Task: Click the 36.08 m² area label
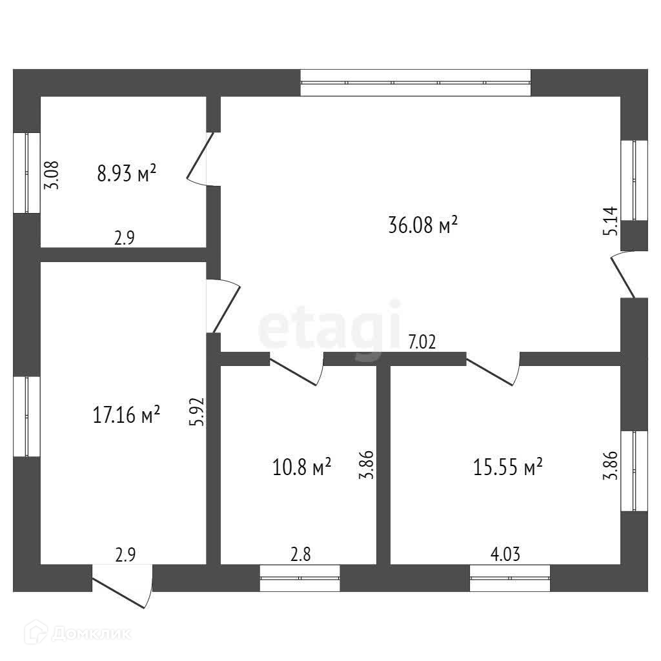coord(423,225)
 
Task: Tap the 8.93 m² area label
coord(127,173)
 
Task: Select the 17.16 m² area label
coord(126,414)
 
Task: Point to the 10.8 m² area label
coord(301,467)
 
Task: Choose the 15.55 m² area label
coord(507,467)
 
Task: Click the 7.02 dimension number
coord(422,342)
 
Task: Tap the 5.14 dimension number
coord(611,221)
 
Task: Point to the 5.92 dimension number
coord(197,412)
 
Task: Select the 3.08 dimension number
coord(52,176)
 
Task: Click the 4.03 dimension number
coord(505,554)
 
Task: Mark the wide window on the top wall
coord(416,83)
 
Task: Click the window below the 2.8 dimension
coord(300,578)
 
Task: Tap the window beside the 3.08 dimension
coord(27,173)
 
